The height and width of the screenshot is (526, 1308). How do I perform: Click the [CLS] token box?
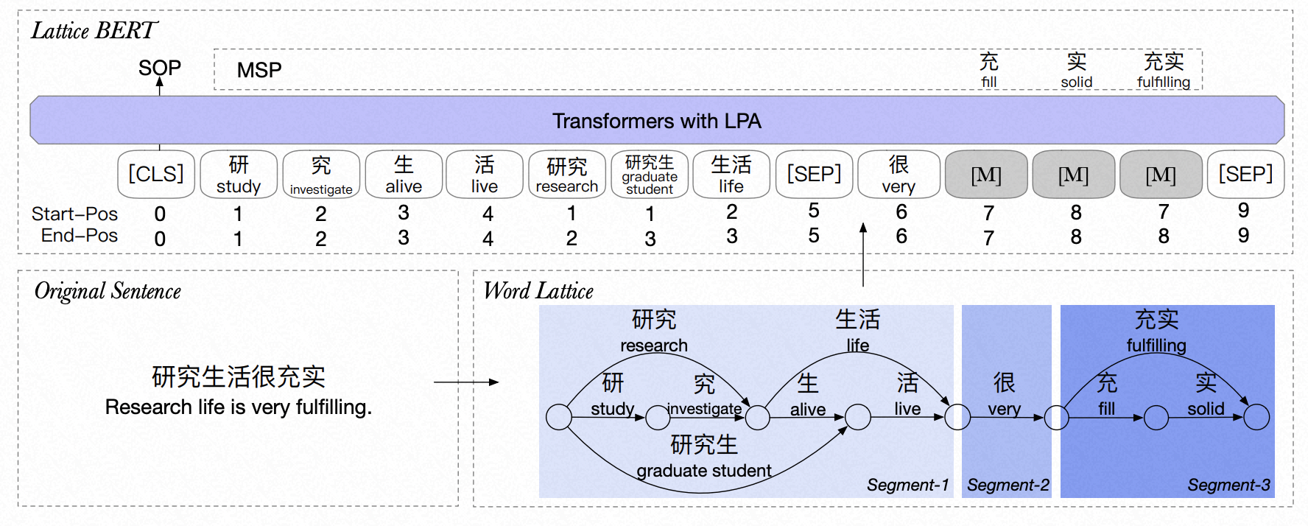coord(156,175)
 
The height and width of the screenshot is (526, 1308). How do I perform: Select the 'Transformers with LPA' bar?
coord(656,120)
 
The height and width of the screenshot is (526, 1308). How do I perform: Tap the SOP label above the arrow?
coord(159,68)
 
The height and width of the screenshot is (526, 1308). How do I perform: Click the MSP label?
coord(259,70)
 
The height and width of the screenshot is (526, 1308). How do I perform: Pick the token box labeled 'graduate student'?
coord(650,175)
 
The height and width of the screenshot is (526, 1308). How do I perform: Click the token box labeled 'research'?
coord(567,175)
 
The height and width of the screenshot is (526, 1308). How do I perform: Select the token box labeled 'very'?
coord(899,175)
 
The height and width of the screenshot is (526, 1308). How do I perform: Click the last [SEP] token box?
coord(1245,175)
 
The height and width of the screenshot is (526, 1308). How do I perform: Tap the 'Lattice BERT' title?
coord(94,31)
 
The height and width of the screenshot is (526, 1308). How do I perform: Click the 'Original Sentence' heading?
coord(108,292)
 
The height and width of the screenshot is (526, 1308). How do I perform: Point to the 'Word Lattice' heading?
coord(538,292)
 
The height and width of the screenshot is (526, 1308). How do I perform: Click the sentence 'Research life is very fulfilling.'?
coord(238,407)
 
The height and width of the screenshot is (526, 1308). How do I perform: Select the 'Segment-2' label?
coord(1008,485)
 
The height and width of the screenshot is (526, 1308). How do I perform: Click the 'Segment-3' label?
coord(1228,485)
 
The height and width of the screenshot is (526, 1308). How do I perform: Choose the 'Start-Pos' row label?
coord(74,214)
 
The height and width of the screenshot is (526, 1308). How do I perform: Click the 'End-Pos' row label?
coord(79,236)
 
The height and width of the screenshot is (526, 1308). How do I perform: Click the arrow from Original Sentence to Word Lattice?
coord(466,382)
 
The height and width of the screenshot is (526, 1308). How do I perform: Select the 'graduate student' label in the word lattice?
coord(703,471)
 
